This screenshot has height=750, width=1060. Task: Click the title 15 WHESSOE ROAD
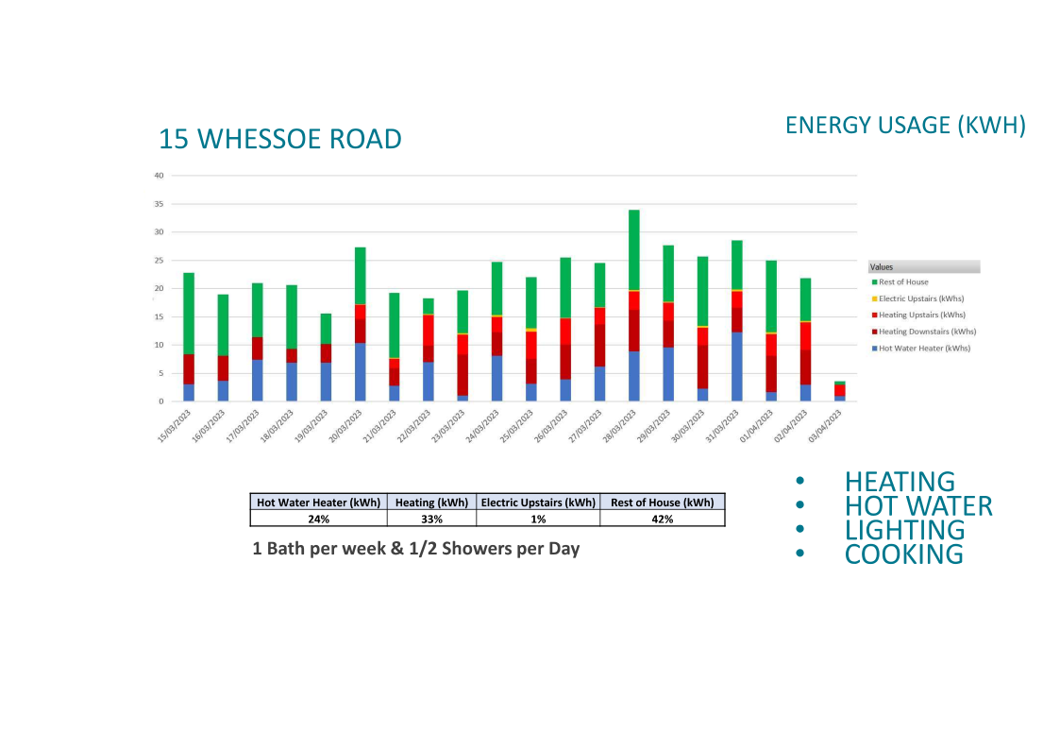tap(279, 139)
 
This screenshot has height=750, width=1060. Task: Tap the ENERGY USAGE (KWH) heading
tap(904, 126)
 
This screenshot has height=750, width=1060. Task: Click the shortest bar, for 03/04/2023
tap(839, 391)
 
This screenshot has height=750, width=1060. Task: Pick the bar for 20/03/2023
tap(360, 324)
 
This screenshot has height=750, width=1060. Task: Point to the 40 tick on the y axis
tap(159, 176)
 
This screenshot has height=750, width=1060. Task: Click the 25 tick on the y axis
tap(159, 260)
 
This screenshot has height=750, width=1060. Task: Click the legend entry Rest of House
tap(903, 282)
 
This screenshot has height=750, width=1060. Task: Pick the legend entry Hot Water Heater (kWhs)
tap(924, 349)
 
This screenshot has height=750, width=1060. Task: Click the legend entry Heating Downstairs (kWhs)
tap(927, 332)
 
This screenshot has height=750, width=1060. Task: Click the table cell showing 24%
tap(318, 519)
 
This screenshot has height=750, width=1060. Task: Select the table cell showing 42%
tap(662, 519)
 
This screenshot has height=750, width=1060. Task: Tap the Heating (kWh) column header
tap(431, 503)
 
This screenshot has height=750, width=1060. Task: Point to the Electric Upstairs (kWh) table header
tap(538, 503)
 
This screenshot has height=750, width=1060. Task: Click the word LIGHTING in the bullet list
tap(904, 530)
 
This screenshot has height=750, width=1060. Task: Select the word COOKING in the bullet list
tap(903, 554)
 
